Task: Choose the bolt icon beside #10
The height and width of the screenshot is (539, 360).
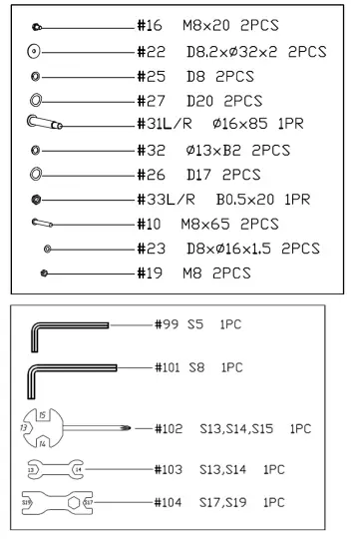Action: (42, 223)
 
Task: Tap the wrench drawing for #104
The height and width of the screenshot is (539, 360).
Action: (56, 502)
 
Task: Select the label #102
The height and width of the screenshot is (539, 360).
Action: (170, 428)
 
